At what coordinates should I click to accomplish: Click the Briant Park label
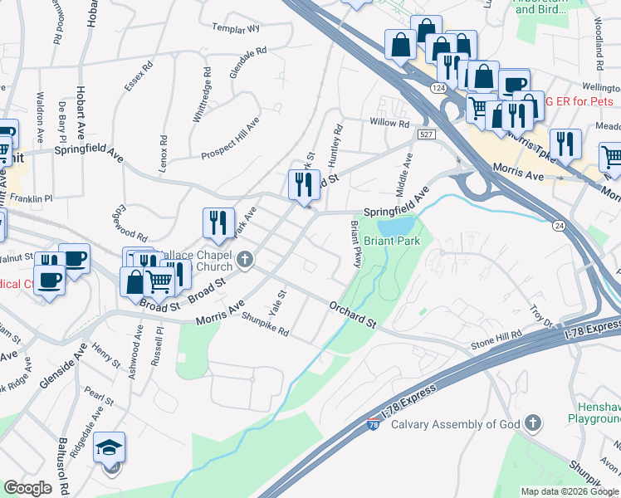pos(392,241)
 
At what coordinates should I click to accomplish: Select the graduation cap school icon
pos(110,449)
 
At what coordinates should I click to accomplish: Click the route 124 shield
pos(438,88)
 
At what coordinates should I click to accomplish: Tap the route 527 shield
pos(427,134)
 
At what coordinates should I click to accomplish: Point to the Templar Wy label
pos(236,28)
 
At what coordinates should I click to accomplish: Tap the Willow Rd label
pos(389,124)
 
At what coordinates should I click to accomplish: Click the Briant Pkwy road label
pos(356,243)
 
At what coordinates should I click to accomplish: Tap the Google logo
pos(27,488)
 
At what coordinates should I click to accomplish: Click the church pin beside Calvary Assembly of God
pos(533,425)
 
